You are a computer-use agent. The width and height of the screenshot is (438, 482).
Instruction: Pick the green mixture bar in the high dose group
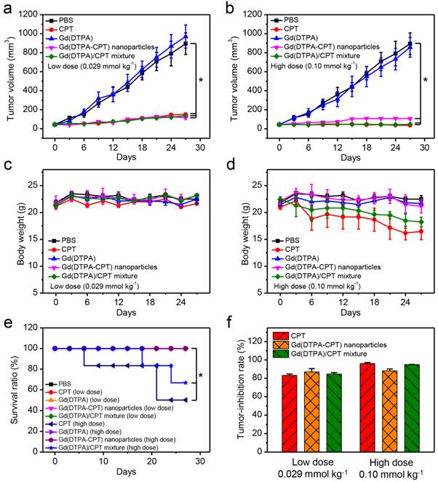pos(394,406)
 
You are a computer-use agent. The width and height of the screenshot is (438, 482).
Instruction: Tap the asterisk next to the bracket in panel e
pos(202,376)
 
